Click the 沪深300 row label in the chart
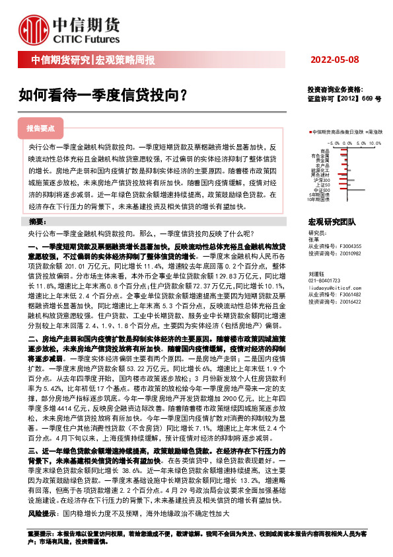click(323, 179)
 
